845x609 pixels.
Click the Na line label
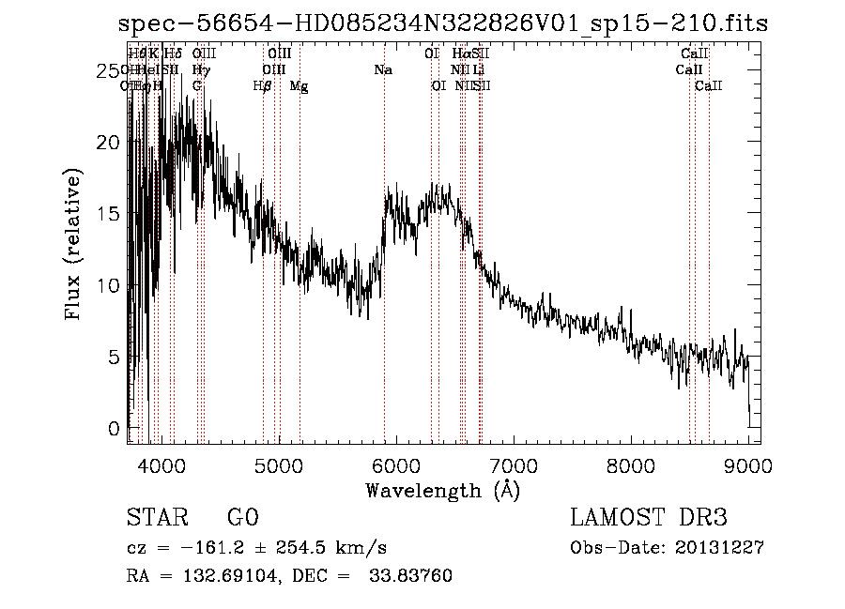point(382,70)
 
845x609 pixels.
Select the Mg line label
point(299,86)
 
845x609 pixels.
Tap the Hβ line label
point(263,86)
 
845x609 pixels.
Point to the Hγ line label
point(200,70)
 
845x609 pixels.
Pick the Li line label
point(478,70)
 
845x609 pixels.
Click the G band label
point(196,86)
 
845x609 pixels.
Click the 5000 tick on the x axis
point(278,466)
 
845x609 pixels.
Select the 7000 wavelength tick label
point(513,466)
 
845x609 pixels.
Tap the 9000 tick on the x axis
point(747,466)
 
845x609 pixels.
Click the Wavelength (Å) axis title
point(441,490)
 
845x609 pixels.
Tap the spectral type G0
point(242,518)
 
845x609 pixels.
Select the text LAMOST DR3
point(649,518)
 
